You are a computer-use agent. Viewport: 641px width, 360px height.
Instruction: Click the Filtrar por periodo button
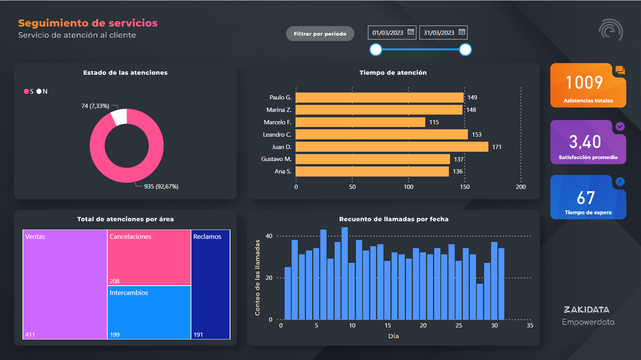tap(320, 34)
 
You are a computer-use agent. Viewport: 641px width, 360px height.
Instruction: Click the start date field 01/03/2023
tap(388, 33)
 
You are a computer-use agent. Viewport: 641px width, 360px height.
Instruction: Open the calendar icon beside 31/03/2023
tap(462, 32)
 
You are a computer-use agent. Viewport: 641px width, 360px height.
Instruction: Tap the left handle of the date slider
tap(376, 50)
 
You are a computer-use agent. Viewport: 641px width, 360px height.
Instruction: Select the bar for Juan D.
tap(392, 147)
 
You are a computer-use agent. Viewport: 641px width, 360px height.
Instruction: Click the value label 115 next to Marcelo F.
tap(434, 122)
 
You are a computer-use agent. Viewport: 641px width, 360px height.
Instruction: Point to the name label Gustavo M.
tap(276, 159)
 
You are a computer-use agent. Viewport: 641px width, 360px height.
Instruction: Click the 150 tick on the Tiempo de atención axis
tap(465, 187)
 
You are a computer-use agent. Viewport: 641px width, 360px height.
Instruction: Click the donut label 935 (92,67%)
tap(161, 187)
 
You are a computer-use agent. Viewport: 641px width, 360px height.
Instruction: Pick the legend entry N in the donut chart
tap(42, 91)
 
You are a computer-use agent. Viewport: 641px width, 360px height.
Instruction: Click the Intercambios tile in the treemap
tap(149, 312)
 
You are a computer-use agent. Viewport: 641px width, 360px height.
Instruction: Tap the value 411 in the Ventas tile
tap(30, 335)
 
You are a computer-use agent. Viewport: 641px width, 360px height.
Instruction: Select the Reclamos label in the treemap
tap(207, 237)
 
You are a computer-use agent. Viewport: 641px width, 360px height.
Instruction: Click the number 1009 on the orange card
tap(584, 82)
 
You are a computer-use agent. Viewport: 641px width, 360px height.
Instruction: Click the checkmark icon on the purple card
tap(620, 126)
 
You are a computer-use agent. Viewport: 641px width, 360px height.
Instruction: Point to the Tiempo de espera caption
tap(588, 213)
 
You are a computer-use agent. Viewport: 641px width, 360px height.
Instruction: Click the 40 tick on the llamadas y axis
tap(269, 236)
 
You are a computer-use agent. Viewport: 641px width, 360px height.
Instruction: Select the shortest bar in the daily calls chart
tap(480, 302)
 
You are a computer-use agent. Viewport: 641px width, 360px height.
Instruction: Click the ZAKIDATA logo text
tap(586, 310)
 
